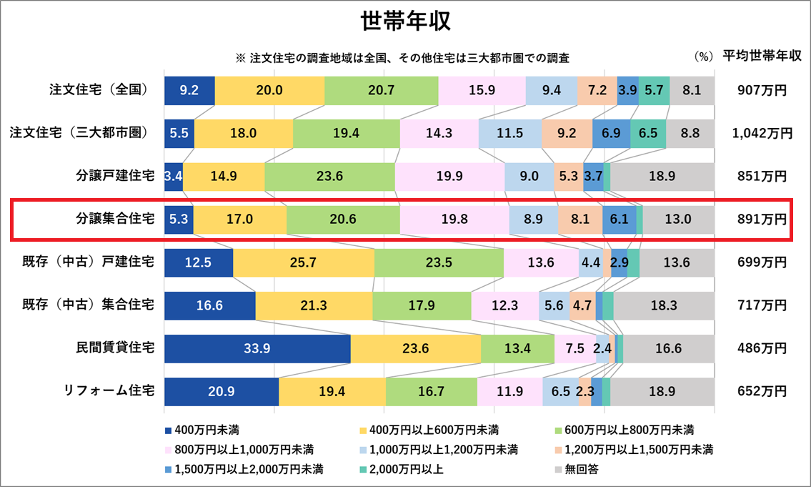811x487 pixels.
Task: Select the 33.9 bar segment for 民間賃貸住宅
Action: point(257,349)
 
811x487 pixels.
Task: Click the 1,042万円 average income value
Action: point(762,133)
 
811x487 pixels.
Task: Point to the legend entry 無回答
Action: point(578,469)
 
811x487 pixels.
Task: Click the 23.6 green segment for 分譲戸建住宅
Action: point(329,177)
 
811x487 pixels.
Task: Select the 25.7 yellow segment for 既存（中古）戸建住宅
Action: point(303,262)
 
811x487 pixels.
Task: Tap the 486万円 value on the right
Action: point(762,349)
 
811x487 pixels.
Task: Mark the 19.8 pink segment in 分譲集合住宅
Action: point(454,219)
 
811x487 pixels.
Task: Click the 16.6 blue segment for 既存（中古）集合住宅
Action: point(209,305)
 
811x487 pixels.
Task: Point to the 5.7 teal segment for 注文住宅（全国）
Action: point(653,90)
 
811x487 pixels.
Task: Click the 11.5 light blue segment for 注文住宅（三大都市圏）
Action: point(509,133)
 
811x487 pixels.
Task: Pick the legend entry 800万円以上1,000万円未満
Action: point(235,450)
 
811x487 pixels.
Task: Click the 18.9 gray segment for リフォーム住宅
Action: point(662,392)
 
